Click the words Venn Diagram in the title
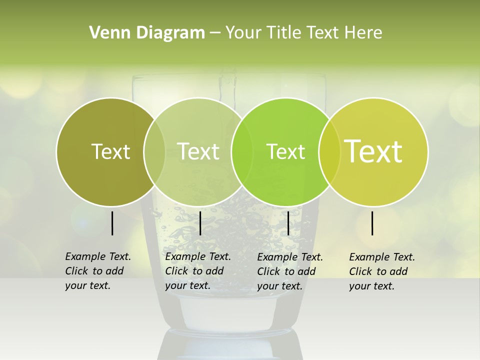(147, 33)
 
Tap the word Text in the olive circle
(110, 151)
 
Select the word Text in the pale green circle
(198, 151)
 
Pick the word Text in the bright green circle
(285, 151)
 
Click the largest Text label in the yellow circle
(373, 151)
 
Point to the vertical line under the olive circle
(112, 223)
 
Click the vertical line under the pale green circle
(200, 223)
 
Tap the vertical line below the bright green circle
(288, 223)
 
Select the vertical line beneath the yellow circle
(372, 223)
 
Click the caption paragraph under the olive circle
(98, 271)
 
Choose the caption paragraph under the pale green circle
(198, 271)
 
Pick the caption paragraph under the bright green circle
(290, 271)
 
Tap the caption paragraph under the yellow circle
(382, 271)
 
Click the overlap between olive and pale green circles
(154, 151)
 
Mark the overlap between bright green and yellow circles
(329, 151)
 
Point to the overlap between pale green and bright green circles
(242, 151)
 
